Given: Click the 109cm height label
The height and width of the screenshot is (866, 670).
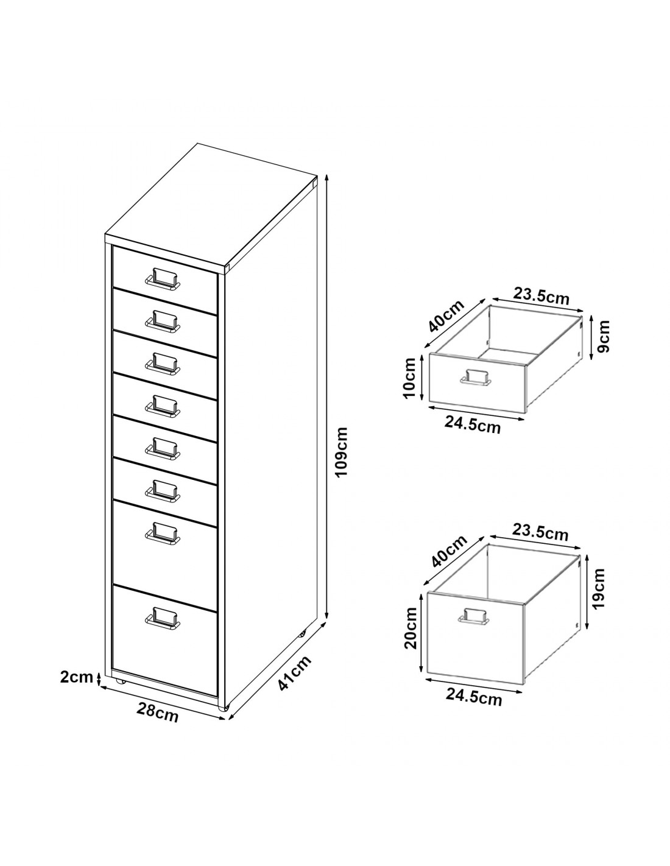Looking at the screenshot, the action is pos(341,451).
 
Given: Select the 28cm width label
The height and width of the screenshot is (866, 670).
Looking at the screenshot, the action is pos(158,712).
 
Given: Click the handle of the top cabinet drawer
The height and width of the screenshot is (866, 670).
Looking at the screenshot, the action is pos(162,277).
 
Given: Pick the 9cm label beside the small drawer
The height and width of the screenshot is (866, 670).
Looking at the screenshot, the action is pos(604,336).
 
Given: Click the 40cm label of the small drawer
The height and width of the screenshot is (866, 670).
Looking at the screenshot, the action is pos(446,315).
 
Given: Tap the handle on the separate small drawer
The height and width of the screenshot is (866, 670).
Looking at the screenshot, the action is pos(476,377).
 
